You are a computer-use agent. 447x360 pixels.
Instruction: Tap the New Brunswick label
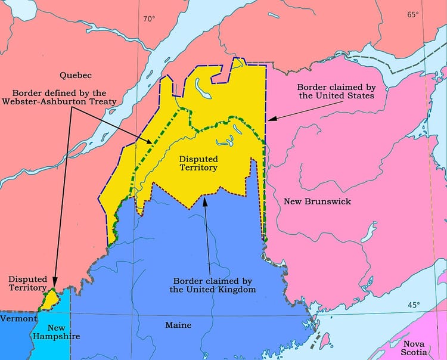click(317, 201)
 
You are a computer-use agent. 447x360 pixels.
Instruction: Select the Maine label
click(178, 325)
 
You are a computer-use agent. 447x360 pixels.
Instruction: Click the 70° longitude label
click(149, 18)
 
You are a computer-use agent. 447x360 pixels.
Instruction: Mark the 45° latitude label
click(414, 305)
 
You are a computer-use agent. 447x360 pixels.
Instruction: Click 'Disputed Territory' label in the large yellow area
click(198, 164)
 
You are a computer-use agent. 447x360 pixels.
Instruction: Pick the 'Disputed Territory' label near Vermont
click(27, 283)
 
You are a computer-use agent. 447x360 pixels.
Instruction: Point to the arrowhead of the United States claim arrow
click(270, 119)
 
